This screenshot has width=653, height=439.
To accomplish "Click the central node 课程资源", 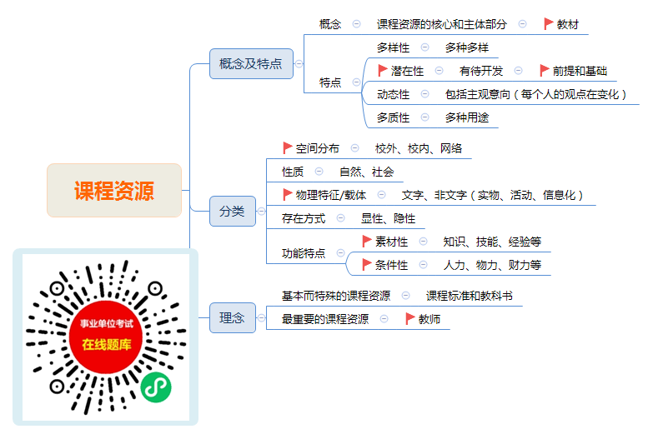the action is [x=114, y=191].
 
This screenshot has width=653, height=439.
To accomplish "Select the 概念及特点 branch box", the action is [x=251, y=63].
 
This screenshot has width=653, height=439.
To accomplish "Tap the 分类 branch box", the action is [x=233, y=212].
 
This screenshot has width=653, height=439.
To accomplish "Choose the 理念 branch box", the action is [x=233, y=318].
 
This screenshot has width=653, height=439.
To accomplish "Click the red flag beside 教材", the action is [x=549, y=24].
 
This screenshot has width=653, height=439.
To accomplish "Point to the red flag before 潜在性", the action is [x=382, y=71].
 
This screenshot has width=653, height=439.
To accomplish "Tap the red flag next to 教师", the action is [x=409, y=319].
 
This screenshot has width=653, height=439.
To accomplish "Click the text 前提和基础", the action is [x=580, y=71].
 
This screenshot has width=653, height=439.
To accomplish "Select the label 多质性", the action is [x=393, y=117].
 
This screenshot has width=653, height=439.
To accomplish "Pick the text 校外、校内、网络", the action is [x=419, y=148].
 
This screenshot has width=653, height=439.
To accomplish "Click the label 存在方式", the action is [x=304, y=218].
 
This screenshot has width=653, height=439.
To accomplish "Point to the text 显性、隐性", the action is [x=388, y=218].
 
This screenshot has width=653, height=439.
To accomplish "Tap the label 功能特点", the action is [x=304, y=253].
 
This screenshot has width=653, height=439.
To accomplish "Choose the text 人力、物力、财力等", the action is [x=492, y=265].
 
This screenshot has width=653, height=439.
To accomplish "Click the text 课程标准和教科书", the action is [x=469, y=296].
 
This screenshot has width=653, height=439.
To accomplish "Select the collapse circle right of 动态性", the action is [x=424, y=94].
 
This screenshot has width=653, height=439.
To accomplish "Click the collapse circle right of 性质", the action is [x=319, y=172].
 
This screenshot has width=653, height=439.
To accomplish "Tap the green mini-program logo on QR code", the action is [x=156, y=387].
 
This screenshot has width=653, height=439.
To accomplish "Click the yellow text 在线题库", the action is [x=107, y=345].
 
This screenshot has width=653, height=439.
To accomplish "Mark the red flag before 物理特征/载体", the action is [x=288, y=195].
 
